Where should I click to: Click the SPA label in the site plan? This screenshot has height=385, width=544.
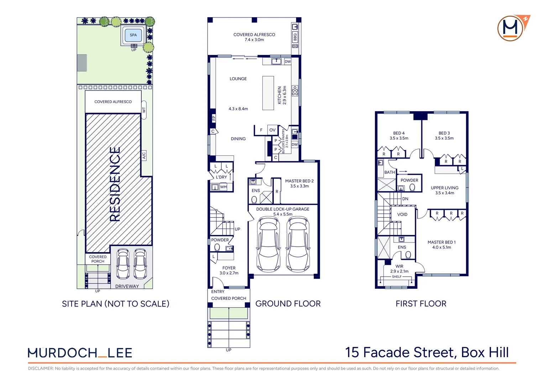[133, 35]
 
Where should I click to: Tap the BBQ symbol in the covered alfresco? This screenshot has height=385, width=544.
[295, 37]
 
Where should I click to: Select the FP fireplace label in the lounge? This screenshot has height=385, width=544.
[214, 118]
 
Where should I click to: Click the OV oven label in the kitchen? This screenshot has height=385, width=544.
[272, 130]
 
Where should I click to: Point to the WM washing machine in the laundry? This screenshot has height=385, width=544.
[223, 187]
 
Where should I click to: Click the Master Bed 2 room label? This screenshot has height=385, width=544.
[299, 184]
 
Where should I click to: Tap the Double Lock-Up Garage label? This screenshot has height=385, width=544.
[283, 212]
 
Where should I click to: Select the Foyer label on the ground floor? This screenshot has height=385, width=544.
[229, 271]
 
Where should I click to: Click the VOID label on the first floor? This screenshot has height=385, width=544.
[402, 215]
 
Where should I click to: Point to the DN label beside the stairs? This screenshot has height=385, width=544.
[405, 199]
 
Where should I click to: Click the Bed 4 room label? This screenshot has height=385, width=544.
[399, 136]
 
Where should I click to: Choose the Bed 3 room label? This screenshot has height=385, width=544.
[444, 136]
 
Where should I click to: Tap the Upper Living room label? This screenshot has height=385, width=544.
[444, 190]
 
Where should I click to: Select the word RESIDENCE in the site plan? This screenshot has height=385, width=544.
[115, 184]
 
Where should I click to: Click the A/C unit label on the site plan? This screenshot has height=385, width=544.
[144, 155]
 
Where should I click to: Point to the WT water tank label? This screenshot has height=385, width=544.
[144, 110]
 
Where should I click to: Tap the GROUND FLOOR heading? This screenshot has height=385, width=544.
[288, 304]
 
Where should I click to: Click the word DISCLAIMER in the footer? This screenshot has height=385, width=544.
[41, 369]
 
